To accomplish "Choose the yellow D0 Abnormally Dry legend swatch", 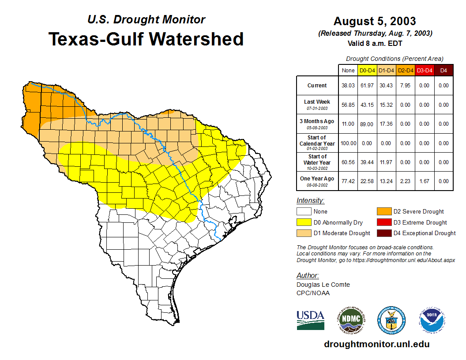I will tap(304, 222).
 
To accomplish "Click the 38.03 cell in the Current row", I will tap(348, 86).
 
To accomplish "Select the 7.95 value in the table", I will tap(405, 86).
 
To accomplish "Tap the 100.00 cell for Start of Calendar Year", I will tap(348, 143).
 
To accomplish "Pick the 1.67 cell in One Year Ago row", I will tap(424, 181).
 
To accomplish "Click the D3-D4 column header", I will tap(424, 70).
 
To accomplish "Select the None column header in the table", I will tap(348, 70).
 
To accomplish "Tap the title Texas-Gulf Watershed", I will tap(146, 39).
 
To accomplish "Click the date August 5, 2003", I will tap(375, 21).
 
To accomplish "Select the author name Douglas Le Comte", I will tap(323, 285).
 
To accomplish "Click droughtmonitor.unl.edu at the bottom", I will tap(376, 344).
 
